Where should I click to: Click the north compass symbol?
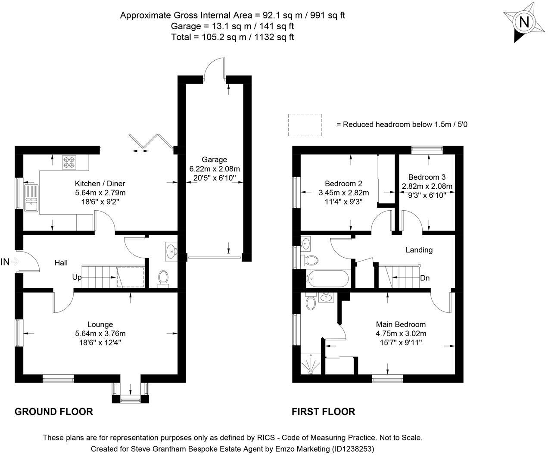pyautogui.click(x=523, y=22)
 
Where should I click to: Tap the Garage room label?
pyautogui.click(x=214, y=159)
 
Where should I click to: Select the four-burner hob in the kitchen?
pyautogui.click(x=69, y=161)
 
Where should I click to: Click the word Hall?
pyautogui.click(x=61, y=262)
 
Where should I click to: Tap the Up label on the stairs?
pyautogui.click(x=77, y=277)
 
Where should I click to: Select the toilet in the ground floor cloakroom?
pyautogui.click(x=163, y=278)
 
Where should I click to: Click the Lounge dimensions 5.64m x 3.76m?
pyautogui.click(x=100, y=333)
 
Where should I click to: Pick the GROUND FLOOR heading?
pyautogui.click(x=54, y=411)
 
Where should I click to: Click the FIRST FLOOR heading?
pyautogui.click(x=323, y=411)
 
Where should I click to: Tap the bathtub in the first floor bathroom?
pyautogui.click(x=327, y=278)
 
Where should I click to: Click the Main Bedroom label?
pyautogui.click(x=401, y=324)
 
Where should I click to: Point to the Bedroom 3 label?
pyautogui.click(x=427, y=177)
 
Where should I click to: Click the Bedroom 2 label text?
pyautogui.click(x=343, y=184)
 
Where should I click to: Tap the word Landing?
pyautogui.click(x=419, y=249)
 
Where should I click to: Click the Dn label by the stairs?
pyautogui.click(x=425, y=278)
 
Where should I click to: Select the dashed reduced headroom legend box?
pyautogui.click(x=305, y=124)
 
